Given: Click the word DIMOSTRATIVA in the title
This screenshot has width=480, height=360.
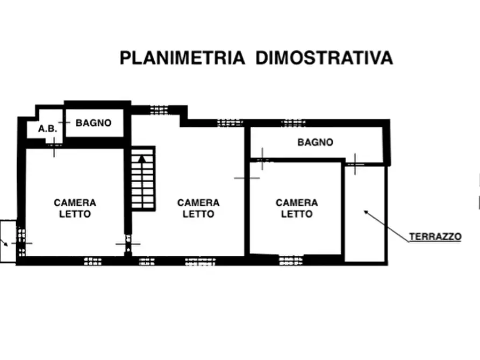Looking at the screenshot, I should [324, 58].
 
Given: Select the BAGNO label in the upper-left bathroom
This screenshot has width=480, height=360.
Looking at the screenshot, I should [94, 123].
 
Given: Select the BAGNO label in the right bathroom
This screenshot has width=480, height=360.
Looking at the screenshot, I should [315, 142].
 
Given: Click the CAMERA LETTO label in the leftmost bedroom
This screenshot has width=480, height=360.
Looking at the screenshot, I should [75, 208].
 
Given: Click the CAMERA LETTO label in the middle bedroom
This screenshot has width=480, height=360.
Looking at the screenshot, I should [198, 208].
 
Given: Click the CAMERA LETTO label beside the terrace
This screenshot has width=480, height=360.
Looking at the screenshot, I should [297, 208].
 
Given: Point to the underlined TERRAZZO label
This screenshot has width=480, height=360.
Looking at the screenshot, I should [435, 236].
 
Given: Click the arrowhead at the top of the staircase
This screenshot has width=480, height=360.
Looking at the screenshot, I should [142, 158].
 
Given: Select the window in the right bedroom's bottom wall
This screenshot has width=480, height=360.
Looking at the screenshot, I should [290, 261].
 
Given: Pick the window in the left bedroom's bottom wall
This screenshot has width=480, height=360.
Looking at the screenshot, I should [93, 262].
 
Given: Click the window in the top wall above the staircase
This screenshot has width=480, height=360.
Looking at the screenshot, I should [159, 110].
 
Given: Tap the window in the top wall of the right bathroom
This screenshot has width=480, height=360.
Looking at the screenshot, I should [293, 123].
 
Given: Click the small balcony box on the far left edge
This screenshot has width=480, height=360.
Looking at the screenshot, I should [8, 241].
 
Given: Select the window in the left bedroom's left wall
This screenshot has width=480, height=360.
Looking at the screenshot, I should [21, 240].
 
